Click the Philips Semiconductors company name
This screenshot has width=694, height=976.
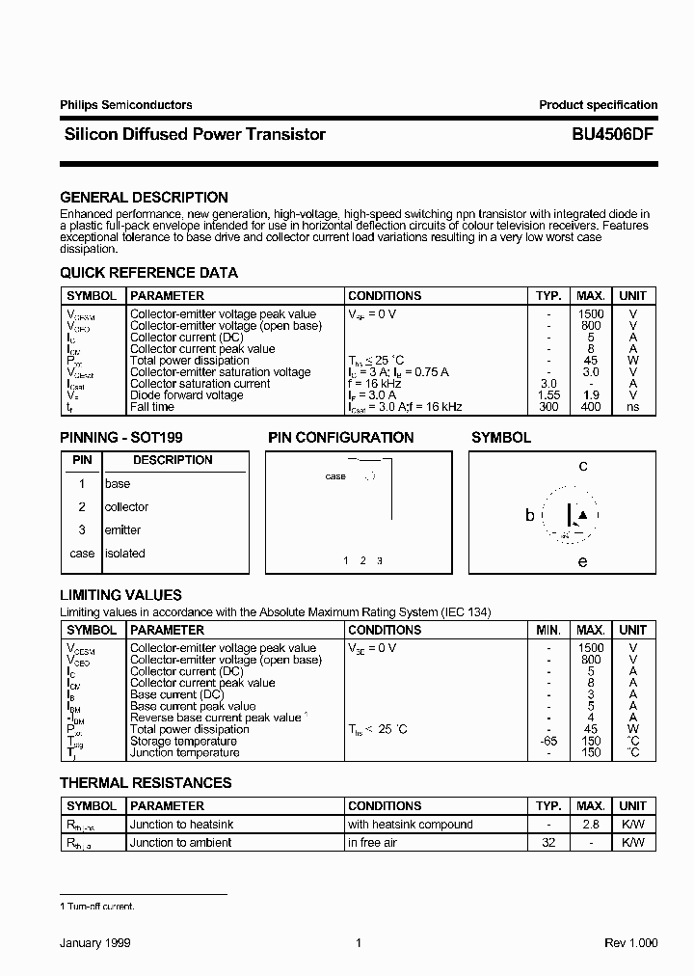[125, 105]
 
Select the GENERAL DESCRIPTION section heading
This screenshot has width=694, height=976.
[144, 198]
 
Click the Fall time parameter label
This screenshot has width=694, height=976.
[152, 407]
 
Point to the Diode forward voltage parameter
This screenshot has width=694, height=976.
[186, 395]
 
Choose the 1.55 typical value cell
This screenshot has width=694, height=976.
[547, 395]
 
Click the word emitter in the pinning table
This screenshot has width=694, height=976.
[122, 530]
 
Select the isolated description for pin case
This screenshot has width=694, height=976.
[124, 554]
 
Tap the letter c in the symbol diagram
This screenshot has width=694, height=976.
[582, 467]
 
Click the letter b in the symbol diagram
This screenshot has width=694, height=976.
[529, 516]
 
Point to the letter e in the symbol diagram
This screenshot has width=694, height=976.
[582, 561]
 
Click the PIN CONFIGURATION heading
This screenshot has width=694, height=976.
[340, 438]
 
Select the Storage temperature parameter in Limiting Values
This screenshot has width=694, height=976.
[184, 741]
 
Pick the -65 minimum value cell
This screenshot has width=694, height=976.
[547, 741]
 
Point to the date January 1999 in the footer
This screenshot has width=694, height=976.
[94, 944]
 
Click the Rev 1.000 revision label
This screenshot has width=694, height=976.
[630, 944]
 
